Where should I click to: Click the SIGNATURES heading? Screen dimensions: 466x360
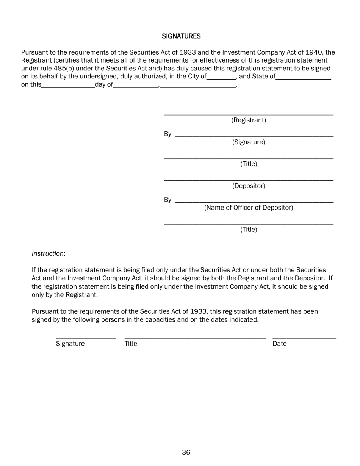click(x=181, y=36)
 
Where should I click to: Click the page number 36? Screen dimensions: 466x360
click(x=186, y=452)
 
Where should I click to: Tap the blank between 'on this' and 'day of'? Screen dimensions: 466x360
click(x=68, y=85)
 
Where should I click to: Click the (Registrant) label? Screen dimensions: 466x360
click(x=249, y=120)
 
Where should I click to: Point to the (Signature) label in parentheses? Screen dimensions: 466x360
click(x=249, y=142)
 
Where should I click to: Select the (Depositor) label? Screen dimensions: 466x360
click(x=249, y=186)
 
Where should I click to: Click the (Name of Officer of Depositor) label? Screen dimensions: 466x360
click(x=249, y=208)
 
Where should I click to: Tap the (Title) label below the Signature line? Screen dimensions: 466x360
click(x=249, y=164)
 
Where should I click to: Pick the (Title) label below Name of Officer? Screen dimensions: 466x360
click(x=249, y=230)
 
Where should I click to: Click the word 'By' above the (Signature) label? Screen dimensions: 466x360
click(x=167, y=134)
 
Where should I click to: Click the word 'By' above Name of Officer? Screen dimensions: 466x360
click(x=167, y=200)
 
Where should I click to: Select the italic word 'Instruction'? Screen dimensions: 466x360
click(x=48, y=253)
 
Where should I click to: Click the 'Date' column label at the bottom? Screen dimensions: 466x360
click(x=280, y=344)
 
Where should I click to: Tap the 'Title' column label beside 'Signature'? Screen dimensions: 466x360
click(x=131, y=344)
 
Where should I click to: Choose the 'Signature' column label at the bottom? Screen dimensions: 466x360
click(x=70, y=344)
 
